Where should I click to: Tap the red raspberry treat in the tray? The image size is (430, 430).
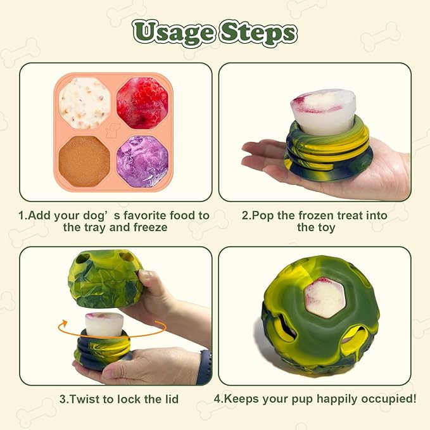[x=142, y=101]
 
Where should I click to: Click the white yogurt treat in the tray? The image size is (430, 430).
[x=85, y=101]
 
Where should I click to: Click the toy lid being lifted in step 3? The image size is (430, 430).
[x=104, y=282]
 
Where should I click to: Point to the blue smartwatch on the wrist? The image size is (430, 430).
[x=203, y=368]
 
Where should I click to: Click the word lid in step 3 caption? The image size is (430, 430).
[x=169, y=399]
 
